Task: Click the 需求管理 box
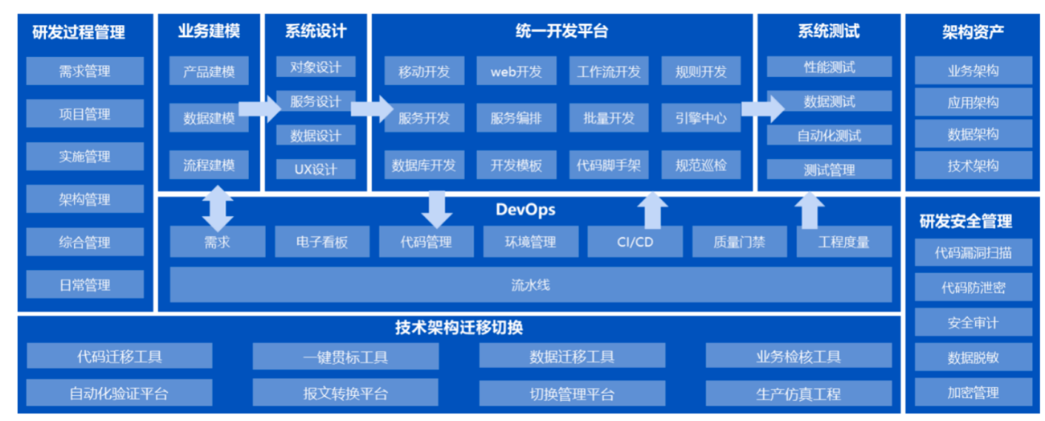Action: click(x=85, y=71)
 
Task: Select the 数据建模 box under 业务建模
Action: click(x=209, y=118)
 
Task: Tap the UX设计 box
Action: click(x=316, y=170)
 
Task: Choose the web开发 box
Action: click(x=516, y=71)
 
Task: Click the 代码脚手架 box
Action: click(x=608, y=166)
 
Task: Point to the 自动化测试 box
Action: click(x=829, y=135)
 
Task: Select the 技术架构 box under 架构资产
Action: click(x=973, y=166)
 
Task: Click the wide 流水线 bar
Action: click(x=530, y=284)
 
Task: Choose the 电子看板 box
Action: click(x=322, y=241)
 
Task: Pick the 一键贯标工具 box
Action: click(x=345, y=356)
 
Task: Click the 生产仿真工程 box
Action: click(x=798, y=394)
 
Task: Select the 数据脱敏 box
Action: click(x=973, y=357)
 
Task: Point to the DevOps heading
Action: click(x=525, y=210)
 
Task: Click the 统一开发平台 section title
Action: click(x=561, y=31)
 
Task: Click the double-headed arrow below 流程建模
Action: click(x=218, y=208)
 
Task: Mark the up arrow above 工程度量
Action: click(x=810, y=210)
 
